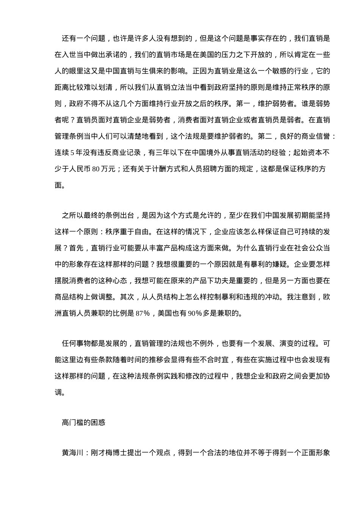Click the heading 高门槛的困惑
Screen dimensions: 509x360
coord(83,422)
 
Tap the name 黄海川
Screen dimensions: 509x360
coord(72,453)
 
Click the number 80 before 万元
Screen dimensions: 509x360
coord(95,169)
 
